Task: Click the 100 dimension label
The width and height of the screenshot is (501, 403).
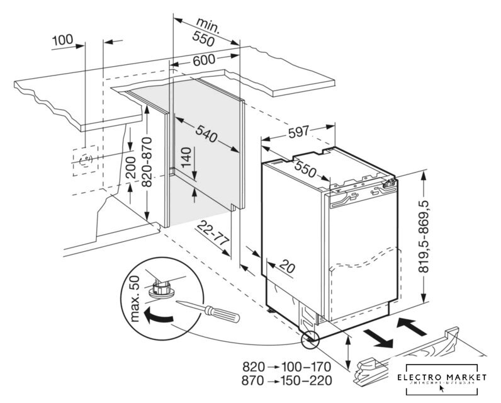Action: (62, 40)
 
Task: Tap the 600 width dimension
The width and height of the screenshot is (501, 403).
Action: (204, 60)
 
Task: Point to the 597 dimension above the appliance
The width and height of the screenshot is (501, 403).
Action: (299, 132)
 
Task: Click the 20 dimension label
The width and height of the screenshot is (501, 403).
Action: (285, 267)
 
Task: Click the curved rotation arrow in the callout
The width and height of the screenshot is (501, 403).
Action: (156, 317)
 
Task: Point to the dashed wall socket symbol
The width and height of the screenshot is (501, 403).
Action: (84, 159)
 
